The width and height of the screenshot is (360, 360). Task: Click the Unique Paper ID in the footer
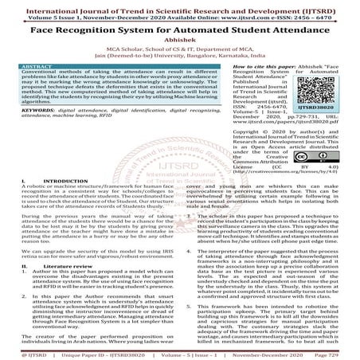click(x=97, y=354)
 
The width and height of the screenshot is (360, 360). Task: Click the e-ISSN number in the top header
click(x=310, y=14)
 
